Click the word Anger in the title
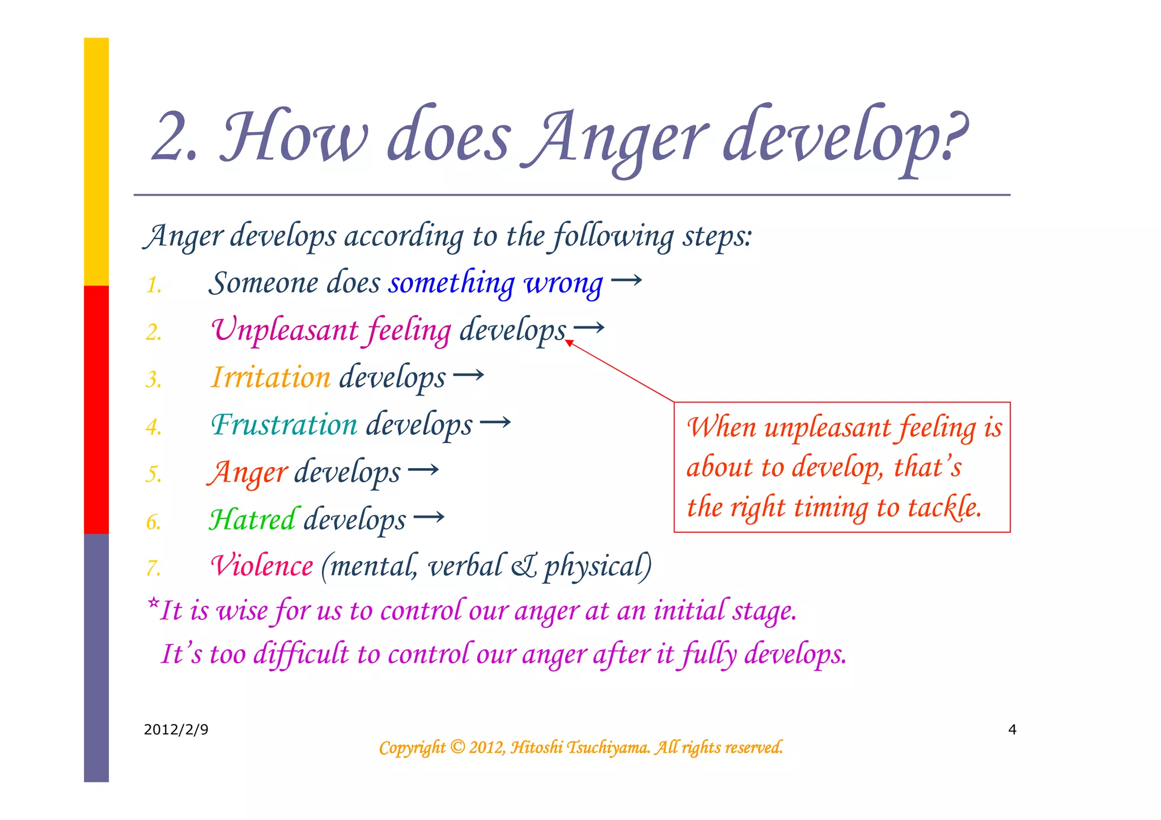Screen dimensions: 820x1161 [x=615, y=139]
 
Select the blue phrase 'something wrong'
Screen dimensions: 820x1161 [x=495, y=283]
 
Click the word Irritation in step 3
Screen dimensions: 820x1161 [x=270, y=377]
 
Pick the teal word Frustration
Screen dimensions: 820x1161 [x=284, y=424]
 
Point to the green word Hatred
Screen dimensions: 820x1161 [x=252, y=519]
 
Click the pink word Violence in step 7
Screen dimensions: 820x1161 [x=261, y=566]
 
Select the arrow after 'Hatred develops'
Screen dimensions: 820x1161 [x=429, y=517]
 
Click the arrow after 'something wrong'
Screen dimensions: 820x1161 [x=626, y=280]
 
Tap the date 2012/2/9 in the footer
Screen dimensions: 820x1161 [x=176, y=729]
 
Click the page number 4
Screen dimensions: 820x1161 [x=1012, y=729]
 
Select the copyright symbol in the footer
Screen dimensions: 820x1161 [x=457, y=747]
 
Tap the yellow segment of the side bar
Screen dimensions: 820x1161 [x=96, y=162]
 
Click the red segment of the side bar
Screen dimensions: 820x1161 [x=96, y=409]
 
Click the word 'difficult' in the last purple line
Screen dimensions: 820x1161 [x=301, y=654]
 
